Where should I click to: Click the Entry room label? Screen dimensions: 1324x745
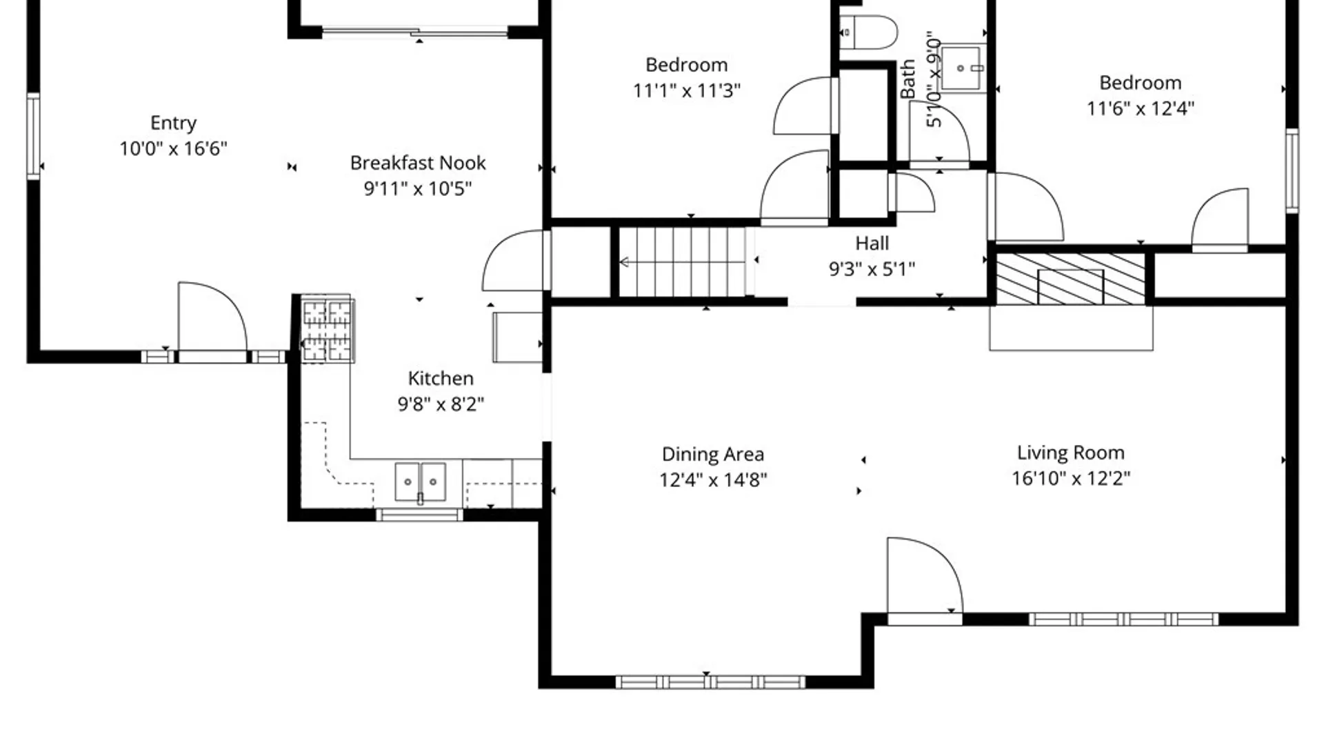tap(173, 123)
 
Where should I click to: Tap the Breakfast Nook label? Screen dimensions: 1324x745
tap(418, 163)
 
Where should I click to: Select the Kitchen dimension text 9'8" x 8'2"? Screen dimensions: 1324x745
tap(441, 404)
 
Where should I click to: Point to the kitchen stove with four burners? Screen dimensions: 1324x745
tap(328, 330)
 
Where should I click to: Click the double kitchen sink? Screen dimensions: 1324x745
tap(420, 481)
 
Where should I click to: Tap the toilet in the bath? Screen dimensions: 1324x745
tap(869, 32)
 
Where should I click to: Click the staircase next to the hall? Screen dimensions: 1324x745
tap(683, 262)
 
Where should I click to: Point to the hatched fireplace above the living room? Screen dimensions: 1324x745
tap(1071, 279)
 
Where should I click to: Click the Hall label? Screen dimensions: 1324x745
tap(872, 243)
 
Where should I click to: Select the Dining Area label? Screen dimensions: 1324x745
tap(713, 454)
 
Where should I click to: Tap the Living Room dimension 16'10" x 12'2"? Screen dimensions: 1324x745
tap(1071, 478)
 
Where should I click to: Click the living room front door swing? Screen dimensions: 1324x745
tap(924, 576)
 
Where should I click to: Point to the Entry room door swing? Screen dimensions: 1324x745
tap(212, 317)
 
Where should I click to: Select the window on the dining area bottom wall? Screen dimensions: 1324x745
tap(710, 682)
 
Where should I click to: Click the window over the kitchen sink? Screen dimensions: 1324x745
tap(419, 514)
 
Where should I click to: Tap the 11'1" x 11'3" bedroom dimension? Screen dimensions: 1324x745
tap(687, 90)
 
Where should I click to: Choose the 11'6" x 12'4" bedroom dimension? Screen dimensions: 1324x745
tap(1141, 108)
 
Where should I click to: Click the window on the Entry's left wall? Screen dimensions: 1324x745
tap(33, 136)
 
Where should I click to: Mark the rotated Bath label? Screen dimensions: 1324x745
tap(907, 79)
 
